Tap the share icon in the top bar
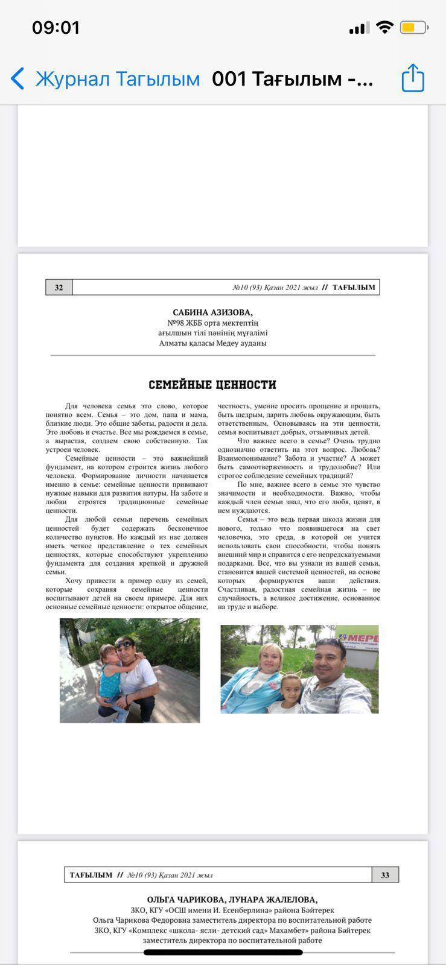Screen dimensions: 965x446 point(413,78)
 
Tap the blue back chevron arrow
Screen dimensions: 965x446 point(18,78)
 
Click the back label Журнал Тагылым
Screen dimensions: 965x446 point(117,79)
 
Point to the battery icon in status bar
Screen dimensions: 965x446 point(414,28)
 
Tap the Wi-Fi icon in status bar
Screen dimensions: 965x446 point(384,27)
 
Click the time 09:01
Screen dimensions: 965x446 point(56,28)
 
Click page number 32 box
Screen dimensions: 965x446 point(59,288)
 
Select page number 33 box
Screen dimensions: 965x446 point(385,875)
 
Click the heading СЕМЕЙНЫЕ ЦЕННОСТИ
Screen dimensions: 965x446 point(212,385)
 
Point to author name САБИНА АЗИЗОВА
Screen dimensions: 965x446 point(212,312)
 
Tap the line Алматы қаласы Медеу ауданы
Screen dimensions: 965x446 point(212,343)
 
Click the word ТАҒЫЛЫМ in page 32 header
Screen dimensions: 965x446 point(354,288)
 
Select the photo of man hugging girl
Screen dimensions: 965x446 point(130,670)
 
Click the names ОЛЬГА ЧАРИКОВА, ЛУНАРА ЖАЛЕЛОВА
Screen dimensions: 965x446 point(232,900)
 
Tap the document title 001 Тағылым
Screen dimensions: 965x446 point(293,79)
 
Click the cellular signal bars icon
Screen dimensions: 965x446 point(359,28)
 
